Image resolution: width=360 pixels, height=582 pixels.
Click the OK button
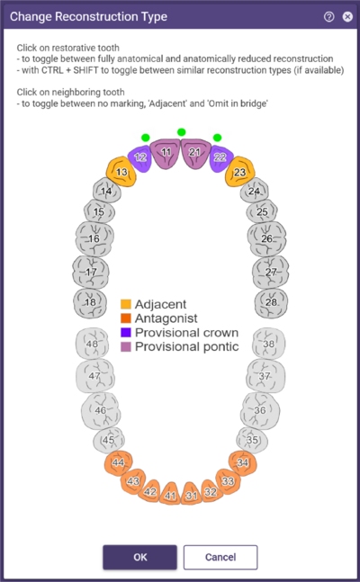click(139, 557)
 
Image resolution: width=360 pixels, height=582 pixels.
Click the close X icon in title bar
click(347, 17)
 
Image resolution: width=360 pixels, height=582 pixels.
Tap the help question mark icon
click(328, 17)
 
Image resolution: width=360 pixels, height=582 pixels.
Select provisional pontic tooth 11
click(166, 153)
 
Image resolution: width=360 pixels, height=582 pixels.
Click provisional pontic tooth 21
click(195, 153)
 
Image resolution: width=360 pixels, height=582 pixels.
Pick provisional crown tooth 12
click(139, 159)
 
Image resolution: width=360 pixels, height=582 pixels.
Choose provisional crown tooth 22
click(221, 159)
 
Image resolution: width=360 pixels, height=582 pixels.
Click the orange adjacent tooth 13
click(121, 172)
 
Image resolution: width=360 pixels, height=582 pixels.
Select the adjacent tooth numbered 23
click(240, 172)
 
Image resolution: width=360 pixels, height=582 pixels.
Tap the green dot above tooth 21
click(181, 132)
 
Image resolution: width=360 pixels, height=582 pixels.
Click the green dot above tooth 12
click(146, 138)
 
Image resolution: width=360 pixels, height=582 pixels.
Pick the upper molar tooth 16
click(94, 238)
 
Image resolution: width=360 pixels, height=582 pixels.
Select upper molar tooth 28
click(271, 303)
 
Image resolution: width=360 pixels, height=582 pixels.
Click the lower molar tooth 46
click(100, 410)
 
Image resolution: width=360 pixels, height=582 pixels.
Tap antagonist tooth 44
click(118, 463)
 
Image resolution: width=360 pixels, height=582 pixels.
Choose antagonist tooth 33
click(228, 481)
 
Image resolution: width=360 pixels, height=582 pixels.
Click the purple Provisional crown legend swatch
click(126, 333)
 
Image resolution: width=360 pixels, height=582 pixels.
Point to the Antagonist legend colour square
click(126, 318)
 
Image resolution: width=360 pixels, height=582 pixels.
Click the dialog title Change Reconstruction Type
click(88, 17)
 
